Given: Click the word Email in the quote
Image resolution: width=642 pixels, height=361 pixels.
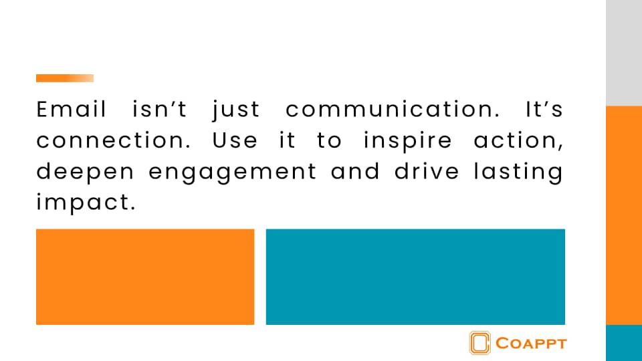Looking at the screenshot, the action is (x=72, y=109).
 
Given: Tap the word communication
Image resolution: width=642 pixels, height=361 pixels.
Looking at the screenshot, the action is (x=393, y=109).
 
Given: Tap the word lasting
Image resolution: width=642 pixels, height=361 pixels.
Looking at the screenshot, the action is (x=518, y=172).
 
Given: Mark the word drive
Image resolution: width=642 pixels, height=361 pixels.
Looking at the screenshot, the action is (x=427, y=171).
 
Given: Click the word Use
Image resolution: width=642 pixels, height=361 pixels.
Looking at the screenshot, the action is (x=235, y=141).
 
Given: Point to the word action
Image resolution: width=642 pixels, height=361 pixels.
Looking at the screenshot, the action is (x=519, y=141).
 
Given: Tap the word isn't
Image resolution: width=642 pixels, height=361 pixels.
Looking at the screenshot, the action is (x=160, y=109).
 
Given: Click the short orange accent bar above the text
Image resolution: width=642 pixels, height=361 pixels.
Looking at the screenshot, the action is (x=65, y=78).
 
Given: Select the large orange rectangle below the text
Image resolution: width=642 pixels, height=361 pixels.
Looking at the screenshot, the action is (x=145, y=277).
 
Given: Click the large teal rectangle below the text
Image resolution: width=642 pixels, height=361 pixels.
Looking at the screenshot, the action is (x=415, y=277).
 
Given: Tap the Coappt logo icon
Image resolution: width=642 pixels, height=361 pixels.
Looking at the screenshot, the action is (x=480, y=342).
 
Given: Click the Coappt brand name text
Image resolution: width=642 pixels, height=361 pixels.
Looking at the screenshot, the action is (x=531, y=344).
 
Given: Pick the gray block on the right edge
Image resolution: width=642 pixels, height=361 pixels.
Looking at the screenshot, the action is (x=624, y=53).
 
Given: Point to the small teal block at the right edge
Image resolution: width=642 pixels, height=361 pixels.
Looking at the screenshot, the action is (x=624, y=343).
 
